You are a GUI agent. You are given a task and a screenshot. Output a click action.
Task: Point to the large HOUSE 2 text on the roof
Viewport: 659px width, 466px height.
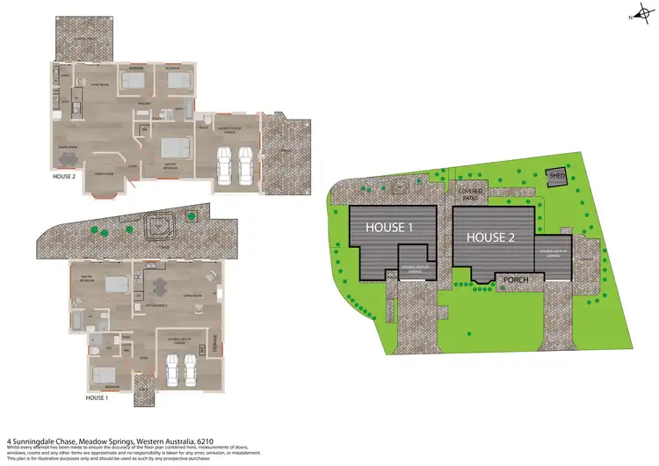(491, 237)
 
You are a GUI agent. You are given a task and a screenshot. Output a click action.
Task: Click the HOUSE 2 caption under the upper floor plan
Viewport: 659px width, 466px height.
(65, 176)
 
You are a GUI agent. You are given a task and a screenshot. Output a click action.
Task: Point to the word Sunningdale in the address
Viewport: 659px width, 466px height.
(47, 442)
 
